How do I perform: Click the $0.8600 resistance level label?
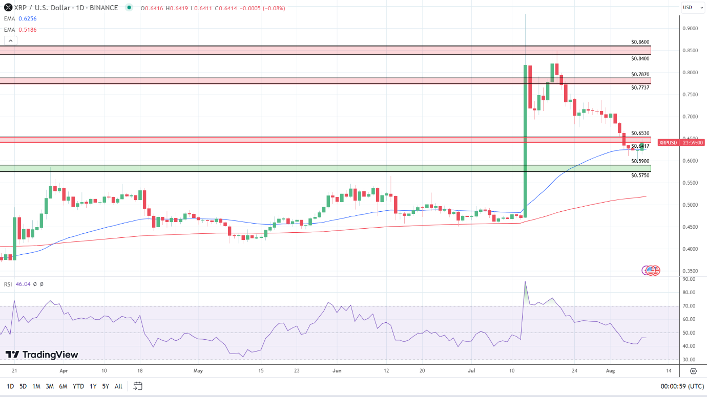click(x=640, y=42)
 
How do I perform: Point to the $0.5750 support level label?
click(x=640, y=175)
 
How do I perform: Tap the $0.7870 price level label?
click(x=640, y=75)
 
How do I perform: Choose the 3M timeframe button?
click(x=50, y=386)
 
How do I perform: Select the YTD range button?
click(x=78, y=386)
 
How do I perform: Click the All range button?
click(x=118, y=386)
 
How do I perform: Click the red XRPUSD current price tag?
click(x=668, y=143)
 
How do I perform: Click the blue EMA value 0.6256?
click(x=28, y=18)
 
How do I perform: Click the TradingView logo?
click(x=42, y=355)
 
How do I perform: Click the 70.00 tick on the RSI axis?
click(x=689, y=306)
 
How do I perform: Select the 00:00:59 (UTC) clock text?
click(x=682, y=386)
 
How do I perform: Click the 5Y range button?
click(x=106, y=386)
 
